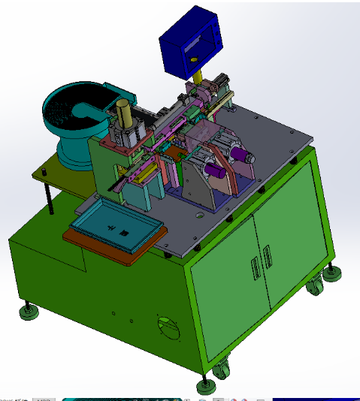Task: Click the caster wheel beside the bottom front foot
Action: coord(222,370)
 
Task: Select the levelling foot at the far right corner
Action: coord(331,273)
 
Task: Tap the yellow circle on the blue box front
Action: coord(193,59)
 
